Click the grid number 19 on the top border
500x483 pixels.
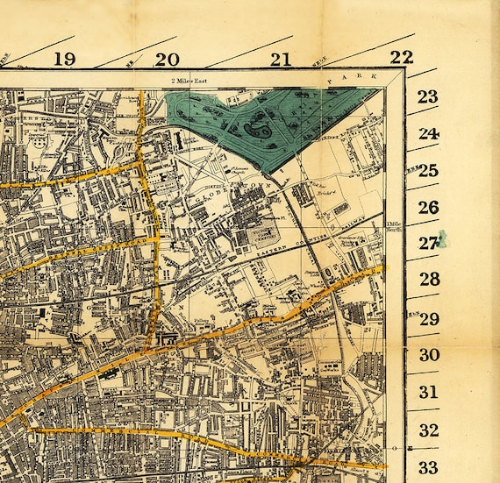coord(63,59)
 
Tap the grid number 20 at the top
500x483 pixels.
coord(167,59)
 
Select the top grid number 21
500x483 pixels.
coord(280,59)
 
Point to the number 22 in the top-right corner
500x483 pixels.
coord(401,57)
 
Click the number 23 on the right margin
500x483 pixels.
coord(427,96)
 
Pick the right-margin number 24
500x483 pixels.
coord(427,134)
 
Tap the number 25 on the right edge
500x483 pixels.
coord(427,170)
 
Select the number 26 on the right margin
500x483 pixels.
coord(427,207)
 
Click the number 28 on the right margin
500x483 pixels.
coord(428,279)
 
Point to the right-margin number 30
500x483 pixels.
coord(428,354)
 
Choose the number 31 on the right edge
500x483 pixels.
coord(428,392)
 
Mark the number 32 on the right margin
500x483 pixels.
coord(428,430)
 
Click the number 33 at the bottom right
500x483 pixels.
coord(428,466)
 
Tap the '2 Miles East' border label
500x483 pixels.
coord(193,81)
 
